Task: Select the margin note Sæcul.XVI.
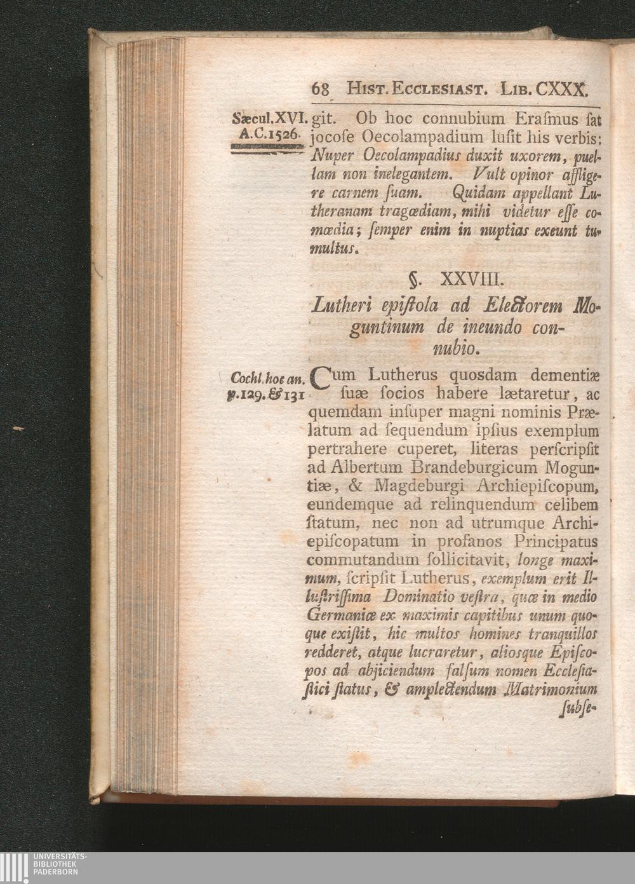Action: [x=271, y=119]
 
